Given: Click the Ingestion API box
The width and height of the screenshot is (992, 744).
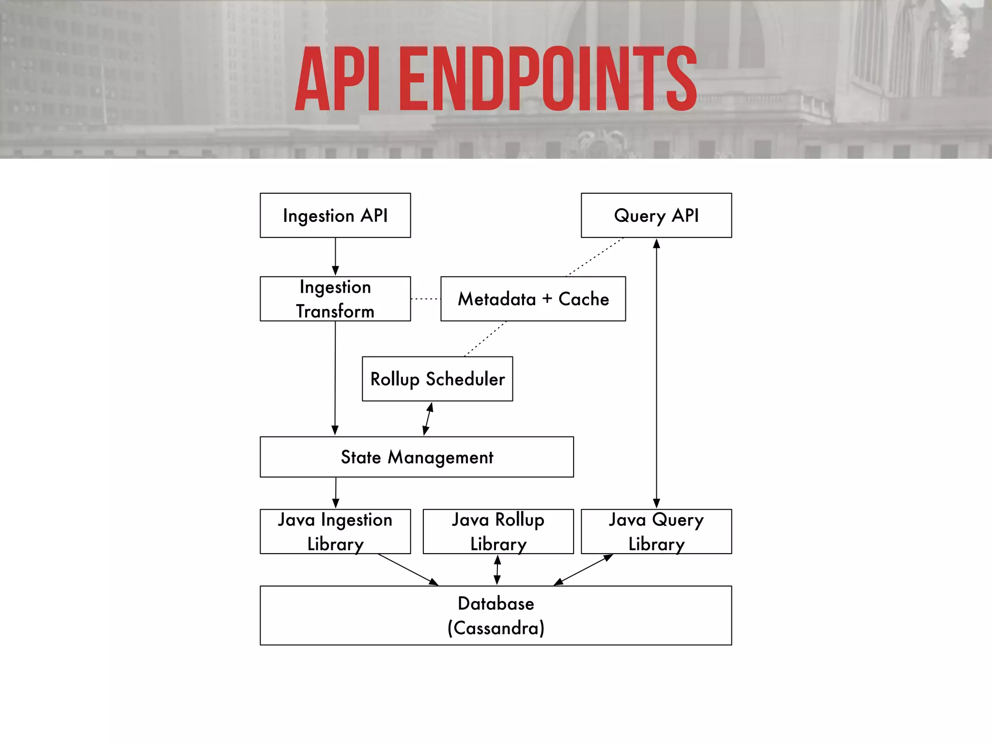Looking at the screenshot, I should coord(335,215).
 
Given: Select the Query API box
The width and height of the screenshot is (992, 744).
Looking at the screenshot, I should coord(656,215).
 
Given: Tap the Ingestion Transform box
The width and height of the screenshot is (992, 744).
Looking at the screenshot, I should coord(335,298).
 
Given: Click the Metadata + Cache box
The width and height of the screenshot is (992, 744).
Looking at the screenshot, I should coord(533,298).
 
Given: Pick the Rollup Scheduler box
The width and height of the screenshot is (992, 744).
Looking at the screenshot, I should coord(437,379).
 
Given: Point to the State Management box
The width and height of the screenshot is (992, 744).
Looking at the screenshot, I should coord(417,457).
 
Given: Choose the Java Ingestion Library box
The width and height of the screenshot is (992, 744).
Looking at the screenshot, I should coord(335,531).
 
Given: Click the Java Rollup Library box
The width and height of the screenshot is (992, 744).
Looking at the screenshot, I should coord(498,531).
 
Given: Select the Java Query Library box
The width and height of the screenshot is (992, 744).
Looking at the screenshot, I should coord(656,531).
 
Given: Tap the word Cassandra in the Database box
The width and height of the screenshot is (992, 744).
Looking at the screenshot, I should coord(496,628).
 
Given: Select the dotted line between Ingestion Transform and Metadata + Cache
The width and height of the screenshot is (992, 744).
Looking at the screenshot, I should coord(425,299).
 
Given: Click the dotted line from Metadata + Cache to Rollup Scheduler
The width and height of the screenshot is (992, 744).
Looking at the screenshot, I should coord(485,339).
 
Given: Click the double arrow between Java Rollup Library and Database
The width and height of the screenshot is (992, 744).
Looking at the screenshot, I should coord(497,570).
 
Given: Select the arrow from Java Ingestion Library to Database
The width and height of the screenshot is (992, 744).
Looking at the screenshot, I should coord(408,570).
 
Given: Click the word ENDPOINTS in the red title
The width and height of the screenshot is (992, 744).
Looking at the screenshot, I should coord(547,79).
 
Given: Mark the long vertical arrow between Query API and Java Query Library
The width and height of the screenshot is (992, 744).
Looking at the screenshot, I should coord(656,373).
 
